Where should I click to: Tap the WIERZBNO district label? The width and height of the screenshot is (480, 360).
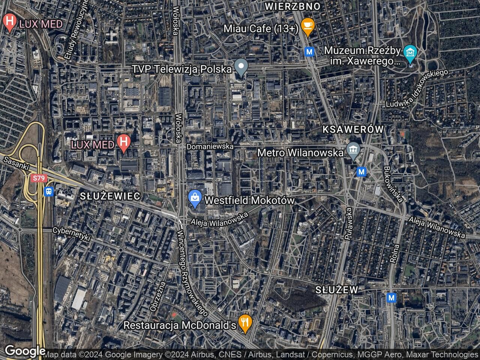pyautogui.click(x=292, y=6)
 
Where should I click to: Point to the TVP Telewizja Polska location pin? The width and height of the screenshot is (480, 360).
pyautogui.click(x=241, y=67)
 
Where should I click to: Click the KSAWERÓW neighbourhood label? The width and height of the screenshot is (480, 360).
pyautogui.click(x=353, y=129)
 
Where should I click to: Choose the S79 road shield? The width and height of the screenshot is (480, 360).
pyautogui.click(x=37, y=178)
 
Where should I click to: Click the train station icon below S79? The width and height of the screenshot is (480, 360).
pyautogui.click(x=49, y=192)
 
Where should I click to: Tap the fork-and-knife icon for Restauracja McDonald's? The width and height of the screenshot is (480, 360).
pyautogui.click(x=245, y=324)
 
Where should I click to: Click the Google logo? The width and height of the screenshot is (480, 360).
pyautogui.click(x=25, y=351)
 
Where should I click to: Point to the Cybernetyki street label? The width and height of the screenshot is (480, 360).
pyautogui.click(x=72, y=234)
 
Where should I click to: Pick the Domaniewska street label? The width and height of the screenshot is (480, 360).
pyautogui.click(x=210, y=146)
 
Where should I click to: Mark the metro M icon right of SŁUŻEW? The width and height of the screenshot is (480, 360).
pyautogui.click(x=391, y=298)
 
